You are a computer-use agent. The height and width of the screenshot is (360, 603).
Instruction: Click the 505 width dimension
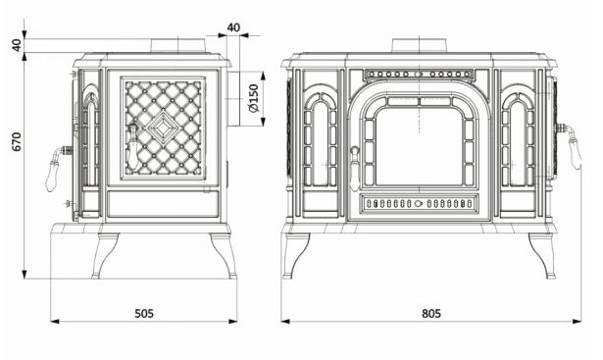point(144,314)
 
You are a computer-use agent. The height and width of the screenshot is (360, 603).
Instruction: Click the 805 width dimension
point(431,314)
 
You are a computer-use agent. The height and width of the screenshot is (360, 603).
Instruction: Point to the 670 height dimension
point(17,141)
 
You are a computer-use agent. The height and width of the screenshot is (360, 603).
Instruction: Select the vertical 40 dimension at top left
point(17,44)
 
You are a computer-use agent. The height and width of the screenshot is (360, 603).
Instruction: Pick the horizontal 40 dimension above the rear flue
point(233,27)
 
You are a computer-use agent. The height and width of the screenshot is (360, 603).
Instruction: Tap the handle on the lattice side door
point(132,147)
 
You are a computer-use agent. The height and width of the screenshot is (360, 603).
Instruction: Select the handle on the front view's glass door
point(355,168)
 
